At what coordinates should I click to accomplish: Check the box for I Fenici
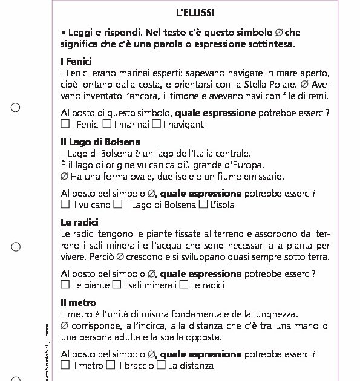coord(65,125)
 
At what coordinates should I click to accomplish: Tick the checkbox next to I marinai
coord(106,125)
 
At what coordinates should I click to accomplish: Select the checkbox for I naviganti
coord(157,125)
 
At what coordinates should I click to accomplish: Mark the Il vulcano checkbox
coord(65,204)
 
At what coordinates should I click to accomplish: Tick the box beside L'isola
coord(203,204)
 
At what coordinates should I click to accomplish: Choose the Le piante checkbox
coord(65,285)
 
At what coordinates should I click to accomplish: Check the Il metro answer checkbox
coord(65,365)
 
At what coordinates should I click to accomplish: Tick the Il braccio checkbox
coord(110,365)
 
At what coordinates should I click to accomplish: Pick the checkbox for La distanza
coord(161,365)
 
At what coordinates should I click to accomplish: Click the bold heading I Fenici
coord(76,62)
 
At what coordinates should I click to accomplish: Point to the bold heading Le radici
coord(80,222)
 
